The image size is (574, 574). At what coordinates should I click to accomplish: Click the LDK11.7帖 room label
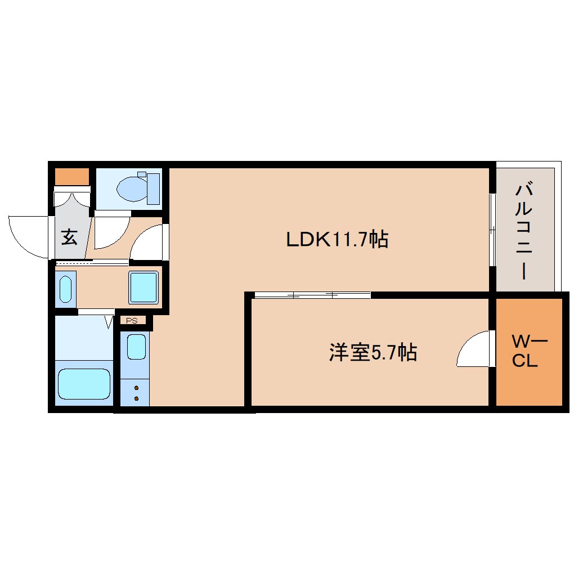pos(337,240)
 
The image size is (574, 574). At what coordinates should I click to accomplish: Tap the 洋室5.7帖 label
pos(373,353)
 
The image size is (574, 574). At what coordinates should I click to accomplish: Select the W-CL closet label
pos(528,351)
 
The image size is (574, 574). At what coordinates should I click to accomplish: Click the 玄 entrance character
pos(69,237)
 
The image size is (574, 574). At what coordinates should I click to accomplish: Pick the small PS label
pos(132,321)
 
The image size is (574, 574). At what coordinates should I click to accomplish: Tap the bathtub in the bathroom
pos(84,384)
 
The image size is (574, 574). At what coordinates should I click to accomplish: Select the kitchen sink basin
pos(136,346)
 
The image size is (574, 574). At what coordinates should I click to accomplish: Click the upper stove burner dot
pos(136,388)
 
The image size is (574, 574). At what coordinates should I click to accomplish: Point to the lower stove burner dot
pos(136,398)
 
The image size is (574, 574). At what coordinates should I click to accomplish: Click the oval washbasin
pos(65,289)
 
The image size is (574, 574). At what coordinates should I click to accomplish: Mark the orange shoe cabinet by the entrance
pos(72,177)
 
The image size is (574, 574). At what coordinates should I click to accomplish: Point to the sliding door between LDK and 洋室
pos(312,294)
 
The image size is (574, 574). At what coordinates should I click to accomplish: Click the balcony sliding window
pos(492,230)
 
